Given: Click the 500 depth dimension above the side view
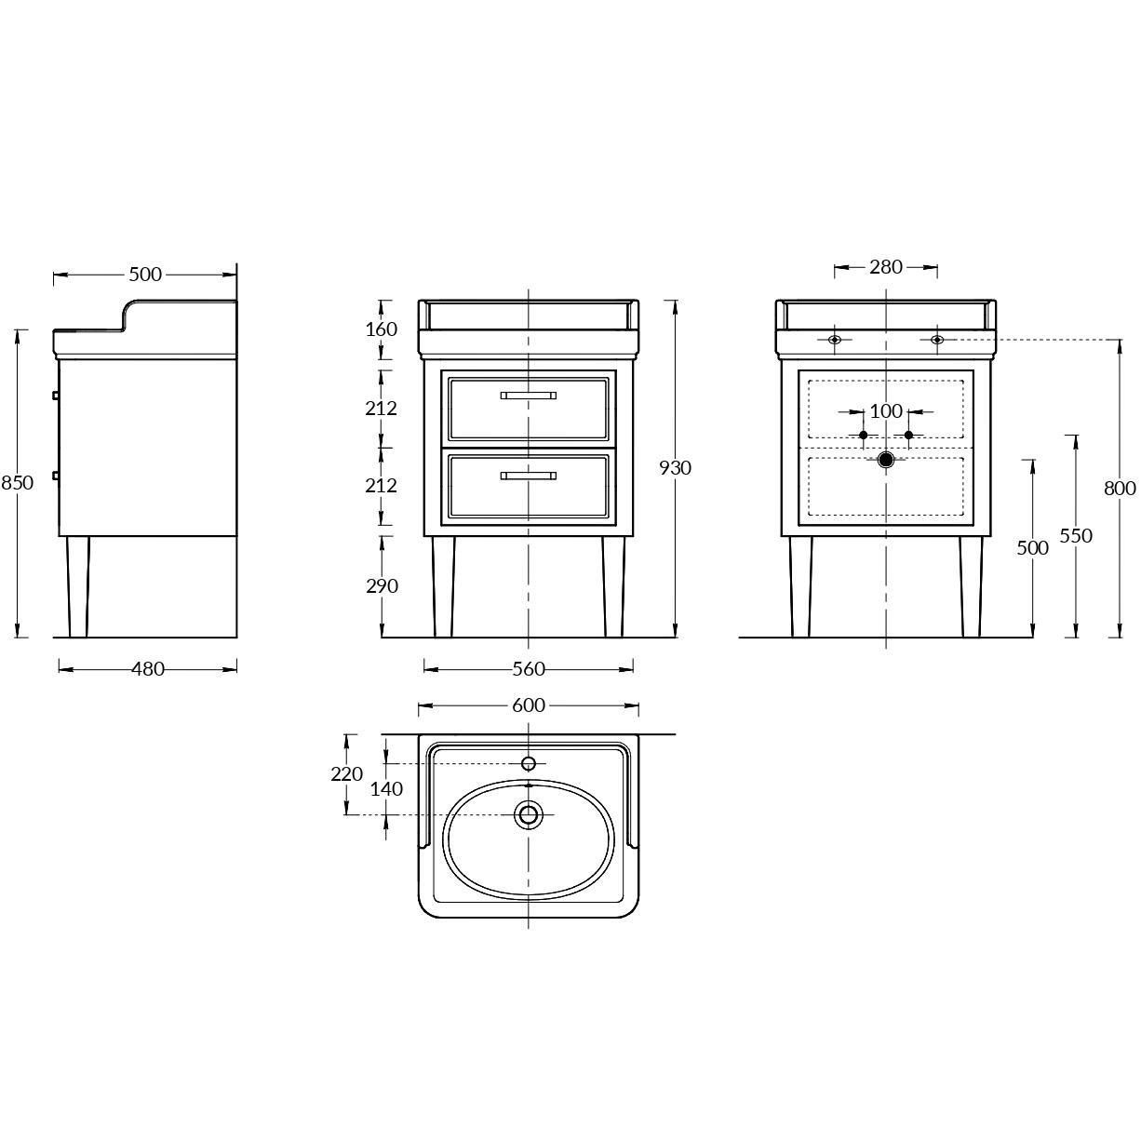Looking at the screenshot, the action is coord(145,275).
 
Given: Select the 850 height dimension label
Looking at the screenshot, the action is coord(17,483).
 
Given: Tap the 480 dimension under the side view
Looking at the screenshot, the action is coord(147,669).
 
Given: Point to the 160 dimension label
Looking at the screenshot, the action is coord(381,329).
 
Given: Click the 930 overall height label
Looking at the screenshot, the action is coord(675,468).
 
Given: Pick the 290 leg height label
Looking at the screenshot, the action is coord(382,586).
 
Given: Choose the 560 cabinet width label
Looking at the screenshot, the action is coord(529,669).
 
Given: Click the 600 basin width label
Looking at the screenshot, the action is coord(529,705).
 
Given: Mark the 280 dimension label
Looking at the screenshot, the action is coord(886,267).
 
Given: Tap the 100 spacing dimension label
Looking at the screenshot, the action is coord(886,411).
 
